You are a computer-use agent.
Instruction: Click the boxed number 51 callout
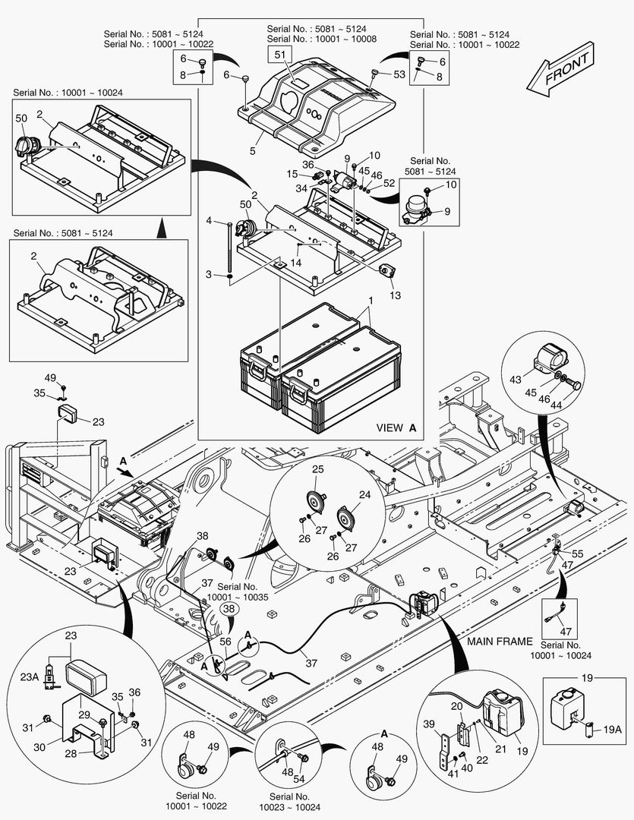pyautogui.click(x=279, y=55)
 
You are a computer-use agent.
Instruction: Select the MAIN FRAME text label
pyautogui.click(x=500, y=642)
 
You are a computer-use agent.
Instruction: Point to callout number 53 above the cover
pyautogui.click(x=400, y=74)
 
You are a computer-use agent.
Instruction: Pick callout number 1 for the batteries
pyautogui.click(x=370, y=301)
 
